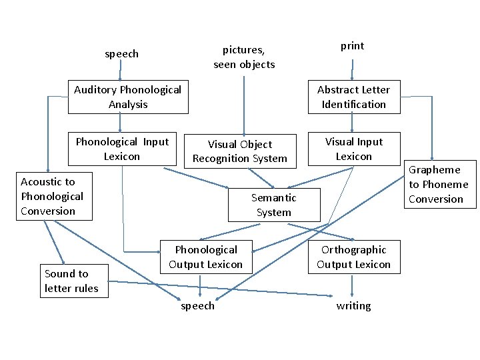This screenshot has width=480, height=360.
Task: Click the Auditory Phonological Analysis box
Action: point(128,97)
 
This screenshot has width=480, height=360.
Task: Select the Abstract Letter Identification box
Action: point(353,97)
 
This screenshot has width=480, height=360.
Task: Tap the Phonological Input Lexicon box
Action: point(122,149)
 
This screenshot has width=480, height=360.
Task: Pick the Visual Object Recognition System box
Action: point(239,151)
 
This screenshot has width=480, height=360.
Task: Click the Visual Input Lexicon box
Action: point(353,149)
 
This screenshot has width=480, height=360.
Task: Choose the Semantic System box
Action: point(273,205)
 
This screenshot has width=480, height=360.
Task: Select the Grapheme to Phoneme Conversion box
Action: point(438,185)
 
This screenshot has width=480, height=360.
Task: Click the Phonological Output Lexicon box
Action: point(205,257)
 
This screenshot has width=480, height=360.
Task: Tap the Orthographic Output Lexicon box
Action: point(353,257)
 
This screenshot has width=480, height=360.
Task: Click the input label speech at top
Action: point(121,54)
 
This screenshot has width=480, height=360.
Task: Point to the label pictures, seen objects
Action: point(244,57)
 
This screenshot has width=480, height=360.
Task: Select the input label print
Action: point(352,46)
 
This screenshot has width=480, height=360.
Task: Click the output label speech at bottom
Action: point(198,306)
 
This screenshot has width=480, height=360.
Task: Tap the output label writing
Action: point(353,306)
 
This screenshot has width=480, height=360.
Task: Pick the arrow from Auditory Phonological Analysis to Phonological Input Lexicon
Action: point(120,123)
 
